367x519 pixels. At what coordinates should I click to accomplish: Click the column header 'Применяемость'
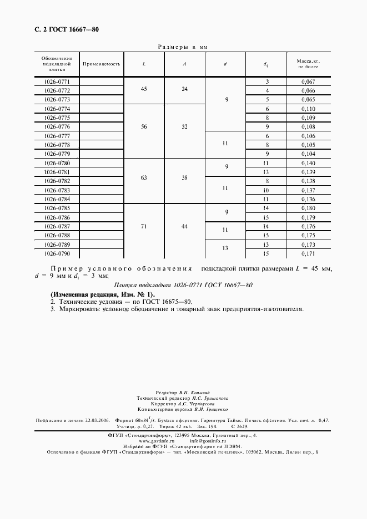[x=102, y=64]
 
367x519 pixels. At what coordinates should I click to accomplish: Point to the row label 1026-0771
[x=57, y=82]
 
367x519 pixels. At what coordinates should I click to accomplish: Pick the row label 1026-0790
[x=57, y=253]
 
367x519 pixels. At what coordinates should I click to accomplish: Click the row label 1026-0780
[x=57, y=163]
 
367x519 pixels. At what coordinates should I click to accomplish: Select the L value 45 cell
[x=144, y=89]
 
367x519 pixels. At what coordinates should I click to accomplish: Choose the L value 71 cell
[x=144, y=226]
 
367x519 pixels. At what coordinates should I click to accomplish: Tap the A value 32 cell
[x=185, y=126]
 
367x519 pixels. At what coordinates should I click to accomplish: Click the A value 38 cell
[x=185, y=177]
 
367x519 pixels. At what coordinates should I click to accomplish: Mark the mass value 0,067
[x=308, y=82]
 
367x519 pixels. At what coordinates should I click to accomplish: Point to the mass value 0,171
[x=308, y=253]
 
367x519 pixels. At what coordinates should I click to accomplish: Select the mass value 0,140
[x=308, y=163]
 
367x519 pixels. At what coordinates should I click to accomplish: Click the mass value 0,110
[x=308, y=109]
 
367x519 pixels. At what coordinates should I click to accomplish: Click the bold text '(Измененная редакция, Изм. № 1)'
[x=103, y=294]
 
